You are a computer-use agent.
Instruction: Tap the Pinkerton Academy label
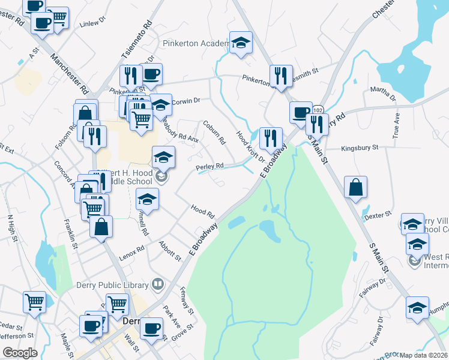196,44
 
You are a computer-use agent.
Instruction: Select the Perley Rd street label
210,166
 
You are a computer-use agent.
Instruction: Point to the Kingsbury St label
360,147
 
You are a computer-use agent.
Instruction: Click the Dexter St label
378,214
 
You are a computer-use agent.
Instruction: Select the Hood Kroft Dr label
250,147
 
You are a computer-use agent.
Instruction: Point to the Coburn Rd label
214,133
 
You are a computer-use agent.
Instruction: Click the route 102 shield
318,109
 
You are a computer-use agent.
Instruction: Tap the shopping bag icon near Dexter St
356,187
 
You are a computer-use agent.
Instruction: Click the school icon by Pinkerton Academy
241,43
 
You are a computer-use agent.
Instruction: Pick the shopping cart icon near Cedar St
34,302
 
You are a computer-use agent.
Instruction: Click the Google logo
20,353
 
